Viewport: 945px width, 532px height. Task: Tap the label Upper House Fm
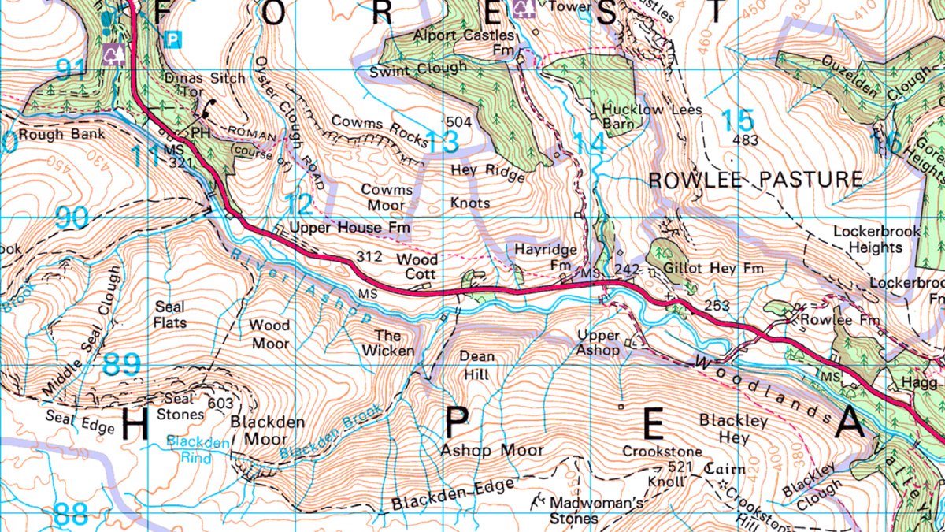click(x=350, y=229)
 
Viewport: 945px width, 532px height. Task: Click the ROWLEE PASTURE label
click(x=755, y=180)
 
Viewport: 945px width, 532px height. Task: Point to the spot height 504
click(x=458, y=122)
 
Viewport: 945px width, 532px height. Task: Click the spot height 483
click(x=744, y=141)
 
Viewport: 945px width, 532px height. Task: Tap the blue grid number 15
click(x=738, y=120)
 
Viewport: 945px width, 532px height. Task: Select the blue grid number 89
click(x=122, y=364)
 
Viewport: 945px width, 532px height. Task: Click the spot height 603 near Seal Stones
click(x=221, y=404)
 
